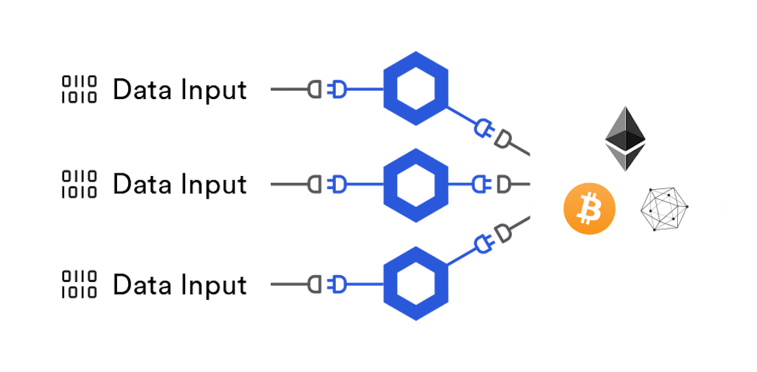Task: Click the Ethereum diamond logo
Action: [x=626, y=138]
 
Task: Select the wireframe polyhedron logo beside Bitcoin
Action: [x=665, y=208]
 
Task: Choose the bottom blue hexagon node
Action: [x=415, y=283]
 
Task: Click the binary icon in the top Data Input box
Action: [x=80, y=89]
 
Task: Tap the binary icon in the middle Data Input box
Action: [x=80, y=184]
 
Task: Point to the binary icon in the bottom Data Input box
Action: [x=80, y=285]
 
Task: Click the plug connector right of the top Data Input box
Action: [x=326, y=89]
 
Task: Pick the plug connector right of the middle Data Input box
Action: [x=326, y=184]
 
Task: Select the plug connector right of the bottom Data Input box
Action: [x=326, y=284]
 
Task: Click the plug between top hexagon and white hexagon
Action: [x=493, y=133]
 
